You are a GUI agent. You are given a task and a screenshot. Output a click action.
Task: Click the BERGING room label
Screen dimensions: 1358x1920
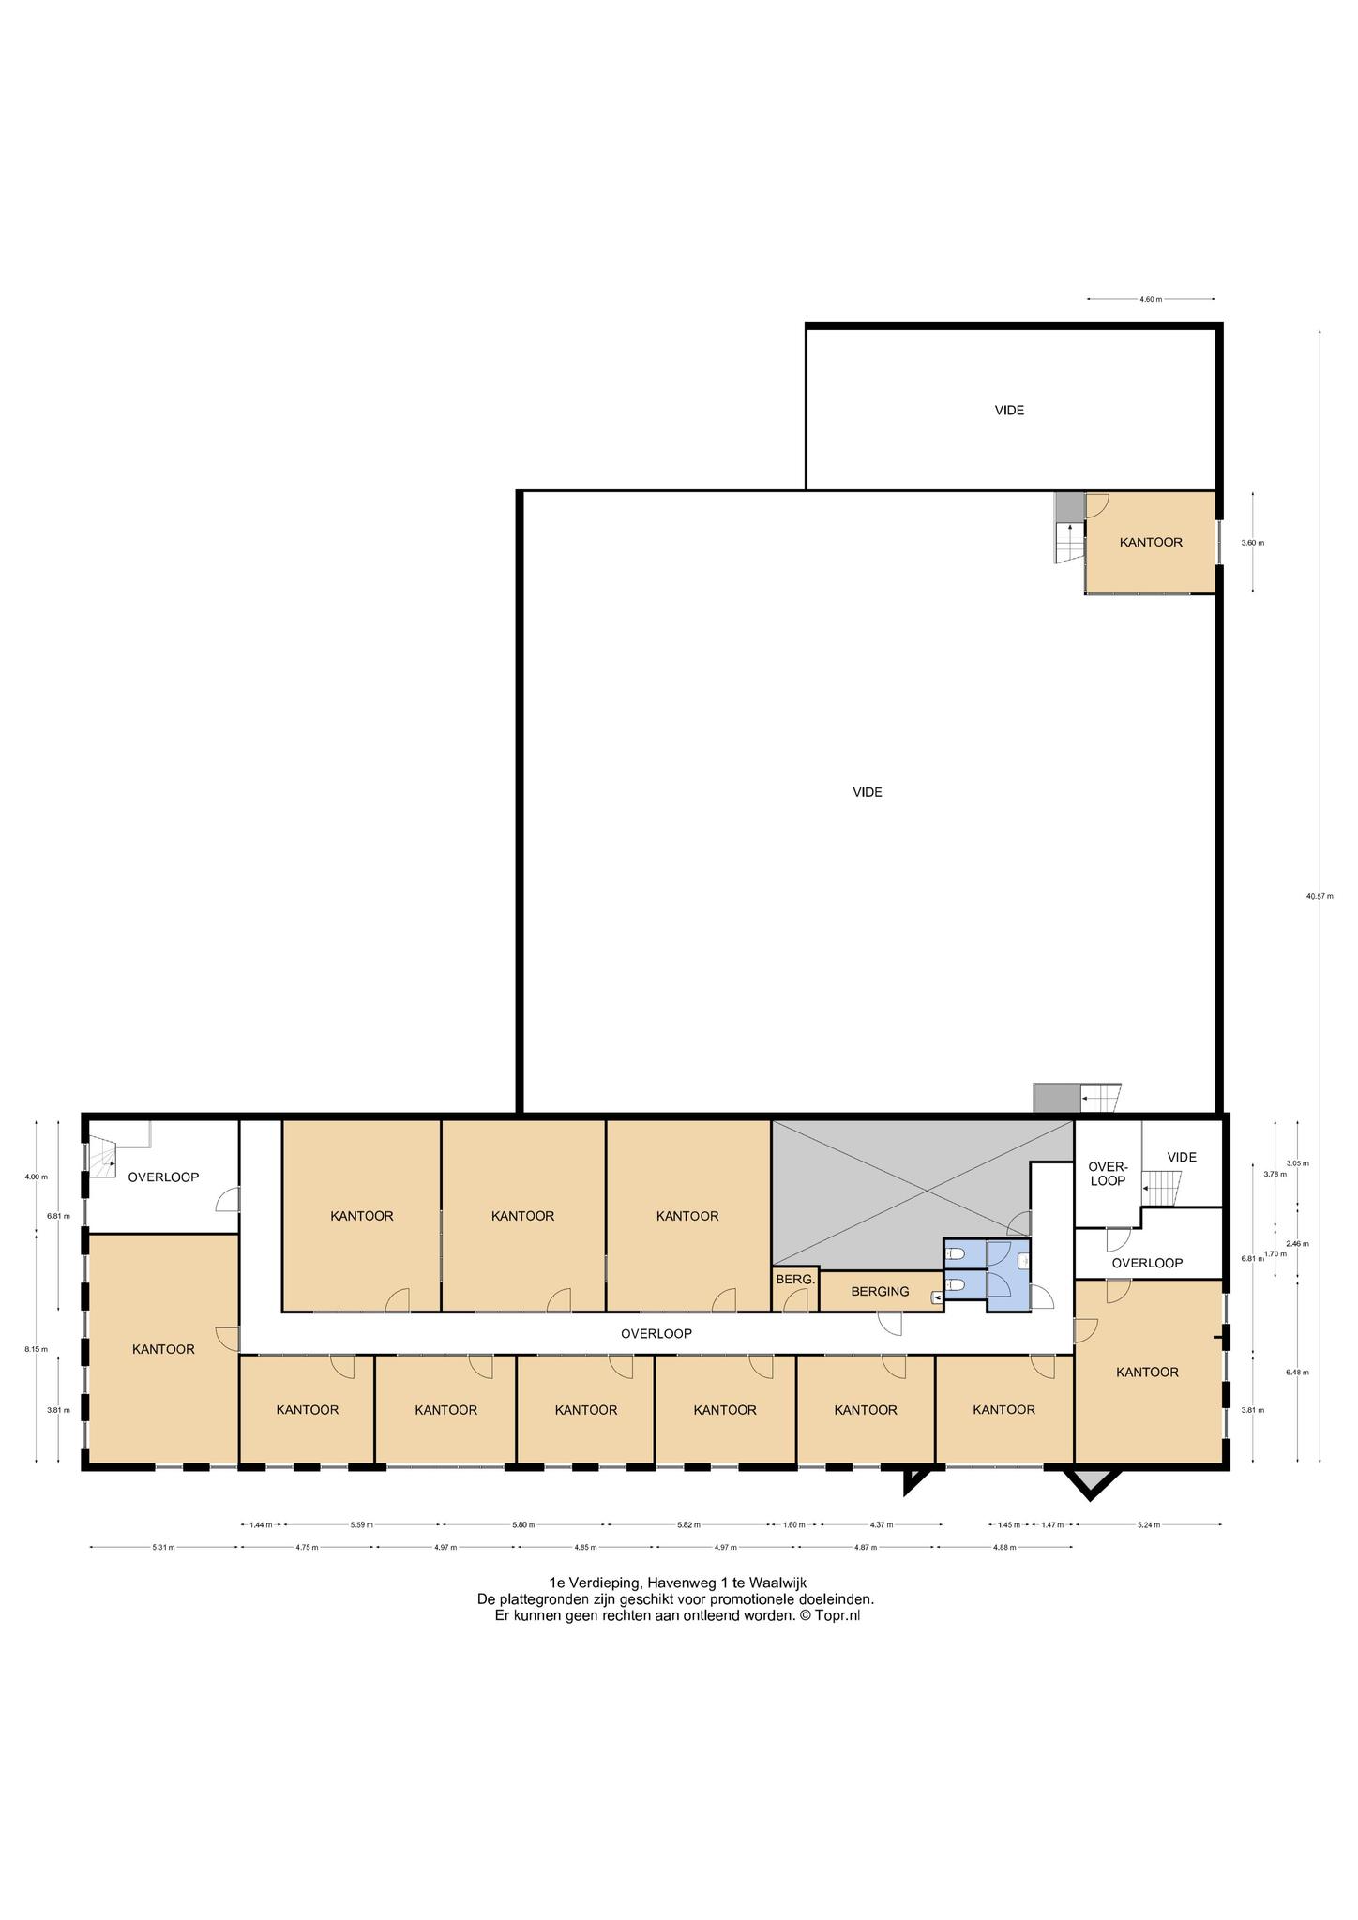pos(880,1291)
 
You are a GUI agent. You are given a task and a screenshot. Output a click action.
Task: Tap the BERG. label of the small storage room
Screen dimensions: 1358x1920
pos(795,1279)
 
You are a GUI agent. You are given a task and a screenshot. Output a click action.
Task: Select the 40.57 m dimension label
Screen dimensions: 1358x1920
pos(1320,896)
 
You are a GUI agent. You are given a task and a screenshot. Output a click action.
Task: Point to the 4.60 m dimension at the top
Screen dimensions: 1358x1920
pos(1151,299)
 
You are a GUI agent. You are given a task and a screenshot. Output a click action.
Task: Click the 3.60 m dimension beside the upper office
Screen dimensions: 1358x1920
pos(1252,543)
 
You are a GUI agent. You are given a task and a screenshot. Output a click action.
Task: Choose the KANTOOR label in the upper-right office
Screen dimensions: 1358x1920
pos(1151,543)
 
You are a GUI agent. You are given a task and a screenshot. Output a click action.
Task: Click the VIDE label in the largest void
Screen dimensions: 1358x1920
pos(868,792)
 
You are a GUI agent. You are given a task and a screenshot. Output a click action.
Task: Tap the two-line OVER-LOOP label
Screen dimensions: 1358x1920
pos(1108,1174)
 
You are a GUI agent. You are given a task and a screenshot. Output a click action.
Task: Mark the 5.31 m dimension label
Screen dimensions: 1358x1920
pos(164,1547)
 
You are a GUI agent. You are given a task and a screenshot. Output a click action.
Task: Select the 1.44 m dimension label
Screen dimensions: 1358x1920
pos(261,1524)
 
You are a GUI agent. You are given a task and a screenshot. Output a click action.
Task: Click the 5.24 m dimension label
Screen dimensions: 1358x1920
pos(1149,1524)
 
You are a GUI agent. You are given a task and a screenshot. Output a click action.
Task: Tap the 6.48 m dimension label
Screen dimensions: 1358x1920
pos(1297,1372)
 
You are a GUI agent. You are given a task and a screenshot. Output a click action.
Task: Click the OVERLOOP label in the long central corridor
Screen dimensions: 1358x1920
pos(656,1333)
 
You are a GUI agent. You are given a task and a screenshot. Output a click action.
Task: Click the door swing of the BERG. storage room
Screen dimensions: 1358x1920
pos(796,1300)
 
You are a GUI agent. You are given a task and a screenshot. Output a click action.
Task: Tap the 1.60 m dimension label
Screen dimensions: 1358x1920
pos(793,1524)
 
